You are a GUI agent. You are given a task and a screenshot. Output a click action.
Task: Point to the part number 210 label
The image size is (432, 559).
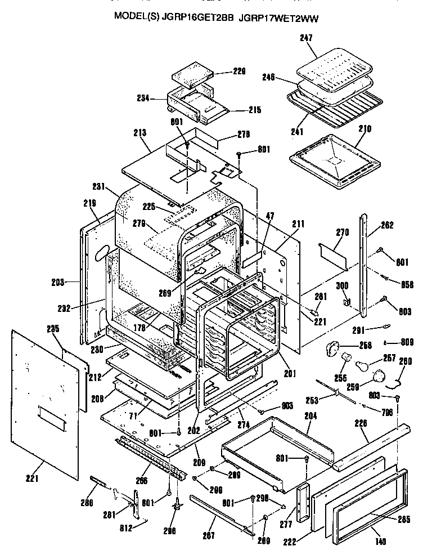[364, 129]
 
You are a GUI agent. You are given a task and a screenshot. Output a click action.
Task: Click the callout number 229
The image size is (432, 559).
[240, 71]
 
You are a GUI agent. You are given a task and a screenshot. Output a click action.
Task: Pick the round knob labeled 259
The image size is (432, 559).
[379, 376]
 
